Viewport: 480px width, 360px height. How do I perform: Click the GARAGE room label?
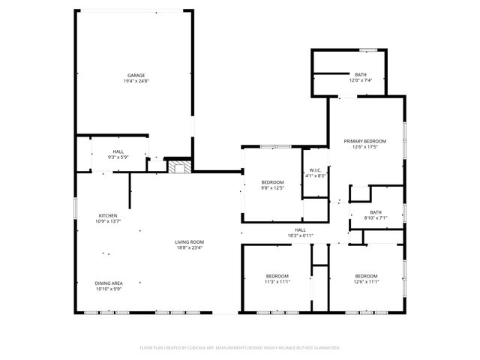136,75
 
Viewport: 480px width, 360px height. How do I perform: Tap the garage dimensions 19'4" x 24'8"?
136,81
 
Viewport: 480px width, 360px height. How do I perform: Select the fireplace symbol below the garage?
178,167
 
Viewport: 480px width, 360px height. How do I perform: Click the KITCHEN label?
108,215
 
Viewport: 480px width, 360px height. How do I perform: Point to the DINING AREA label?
108,283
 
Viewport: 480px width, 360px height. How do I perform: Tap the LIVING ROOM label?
190,241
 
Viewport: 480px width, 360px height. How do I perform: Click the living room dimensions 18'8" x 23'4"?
190,247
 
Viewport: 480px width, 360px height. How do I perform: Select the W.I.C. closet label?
315,169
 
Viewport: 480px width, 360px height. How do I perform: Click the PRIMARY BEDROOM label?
364,141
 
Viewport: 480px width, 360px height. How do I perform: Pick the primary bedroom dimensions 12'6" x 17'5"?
364,147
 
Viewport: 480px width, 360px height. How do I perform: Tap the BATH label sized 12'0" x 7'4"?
361,74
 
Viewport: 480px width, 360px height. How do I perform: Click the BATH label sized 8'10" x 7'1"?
375,212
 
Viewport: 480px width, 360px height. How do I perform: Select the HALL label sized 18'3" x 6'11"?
300,229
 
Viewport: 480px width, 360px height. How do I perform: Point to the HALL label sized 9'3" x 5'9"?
118,151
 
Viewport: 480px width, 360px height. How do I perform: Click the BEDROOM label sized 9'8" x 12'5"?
272,182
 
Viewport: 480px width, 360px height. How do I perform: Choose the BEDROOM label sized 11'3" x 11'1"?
277,275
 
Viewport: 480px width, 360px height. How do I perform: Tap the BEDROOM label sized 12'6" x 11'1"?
366,275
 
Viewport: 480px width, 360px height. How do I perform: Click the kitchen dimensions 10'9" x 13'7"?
108,221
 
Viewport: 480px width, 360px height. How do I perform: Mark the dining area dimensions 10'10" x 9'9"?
108,289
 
